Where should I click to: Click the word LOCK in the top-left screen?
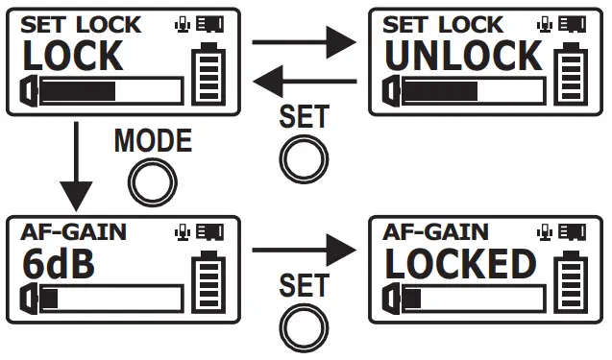(72, 57)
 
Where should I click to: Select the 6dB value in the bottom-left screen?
(59, 264)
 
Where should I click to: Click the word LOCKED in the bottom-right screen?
(459, 264)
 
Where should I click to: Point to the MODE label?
(153, 141)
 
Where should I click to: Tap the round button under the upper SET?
(302, 156)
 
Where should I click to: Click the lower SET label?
(303, 285)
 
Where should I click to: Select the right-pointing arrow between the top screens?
(301, 41)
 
